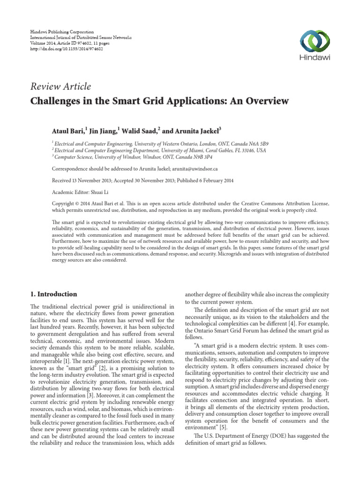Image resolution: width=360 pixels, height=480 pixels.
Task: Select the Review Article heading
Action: click(60, 87)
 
